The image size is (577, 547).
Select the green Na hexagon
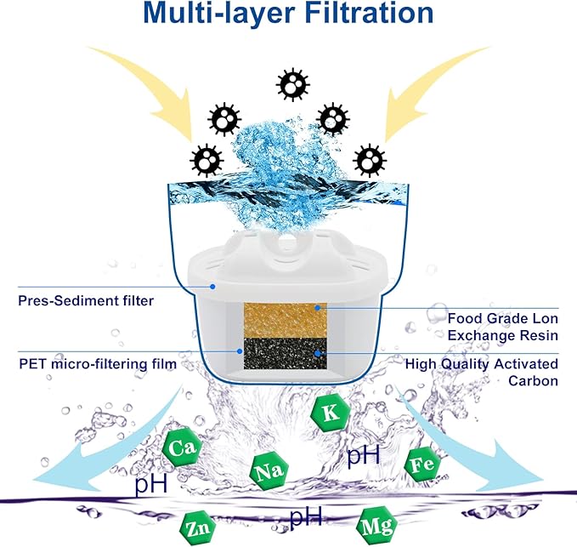(266, 470)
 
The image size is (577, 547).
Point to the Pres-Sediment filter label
(74, 299)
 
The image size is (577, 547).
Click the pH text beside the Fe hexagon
(363, 456)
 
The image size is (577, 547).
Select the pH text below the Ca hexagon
(150, 487)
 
